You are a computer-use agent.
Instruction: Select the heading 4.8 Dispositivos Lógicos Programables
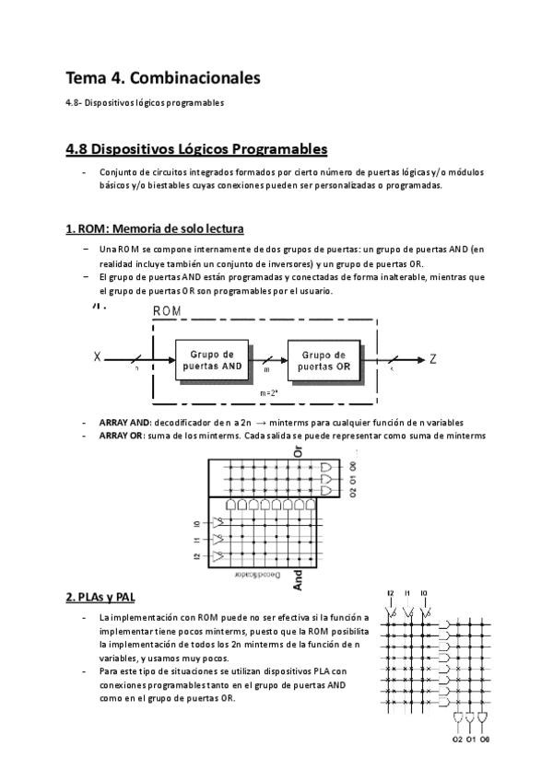(196, 148)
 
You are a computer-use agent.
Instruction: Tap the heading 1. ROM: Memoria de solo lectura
(154, 228)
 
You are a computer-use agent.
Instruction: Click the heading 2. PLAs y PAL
(100, 597)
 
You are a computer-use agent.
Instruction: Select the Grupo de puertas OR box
(324, 360)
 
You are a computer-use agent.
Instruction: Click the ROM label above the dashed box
(167, 311)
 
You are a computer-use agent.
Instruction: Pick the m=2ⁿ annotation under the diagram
(269, 393)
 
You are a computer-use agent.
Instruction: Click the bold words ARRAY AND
(124, 422)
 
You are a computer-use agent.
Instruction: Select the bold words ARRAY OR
(122, 435)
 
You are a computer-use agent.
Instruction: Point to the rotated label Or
(297, 452)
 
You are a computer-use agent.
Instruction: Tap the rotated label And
(297, 578)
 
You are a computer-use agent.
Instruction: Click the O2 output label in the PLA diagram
(457, 739)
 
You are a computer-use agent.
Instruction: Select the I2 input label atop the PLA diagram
(391, 592)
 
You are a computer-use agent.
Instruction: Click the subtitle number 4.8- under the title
(76, 103)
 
